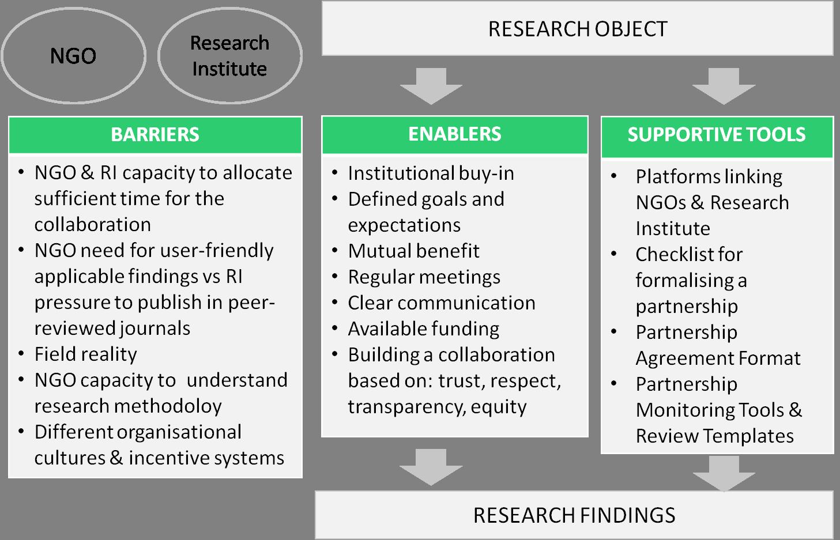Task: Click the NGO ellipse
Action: [x=73, y=55]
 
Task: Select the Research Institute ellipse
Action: [x=229, y=55]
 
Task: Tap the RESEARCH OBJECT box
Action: [x=577, y=29]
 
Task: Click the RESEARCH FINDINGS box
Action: [x=574, y=515]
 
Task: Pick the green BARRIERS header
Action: [x=155, y=135]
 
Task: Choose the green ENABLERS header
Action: [x=454, y=134]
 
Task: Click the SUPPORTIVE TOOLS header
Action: [x=717, y=135]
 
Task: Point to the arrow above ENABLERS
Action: [x=431, y=86]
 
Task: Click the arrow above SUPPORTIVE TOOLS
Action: [x=724, y=86]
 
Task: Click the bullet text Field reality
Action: [x=86, y=354]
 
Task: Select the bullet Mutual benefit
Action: [x=413, y=251]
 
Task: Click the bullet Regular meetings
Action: [x=424, y=277]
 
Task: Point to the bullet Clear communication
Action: [x=441, y=303]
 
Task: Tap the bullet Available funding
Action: [x=423, y=328]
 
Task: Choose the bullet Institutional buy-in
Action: [x=431, y=173]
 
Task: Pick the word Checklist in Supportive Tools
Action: [x=689, y=254]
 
